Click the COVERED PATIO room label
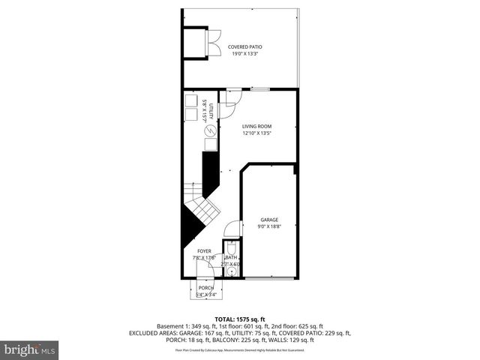(x=245, y=47)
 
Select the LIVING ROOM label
(x=256, y=127)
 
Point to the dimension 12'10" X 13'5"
(x=256, y=133)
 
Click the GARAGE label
(x=269, y=220)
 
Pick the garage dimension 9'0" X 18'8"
(x=269, y=226)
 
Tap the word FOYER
(x=205, y=251)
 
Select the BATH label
(x=231, y=257)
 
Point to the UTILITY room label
(x=212, y=112)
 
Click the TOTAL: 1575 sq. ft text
(x=240, y=319)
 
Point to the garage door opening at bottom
(x=269, y=278)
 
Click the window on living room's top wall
(x=260, y=88)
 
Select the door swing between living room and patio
(x=232, y=97)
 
